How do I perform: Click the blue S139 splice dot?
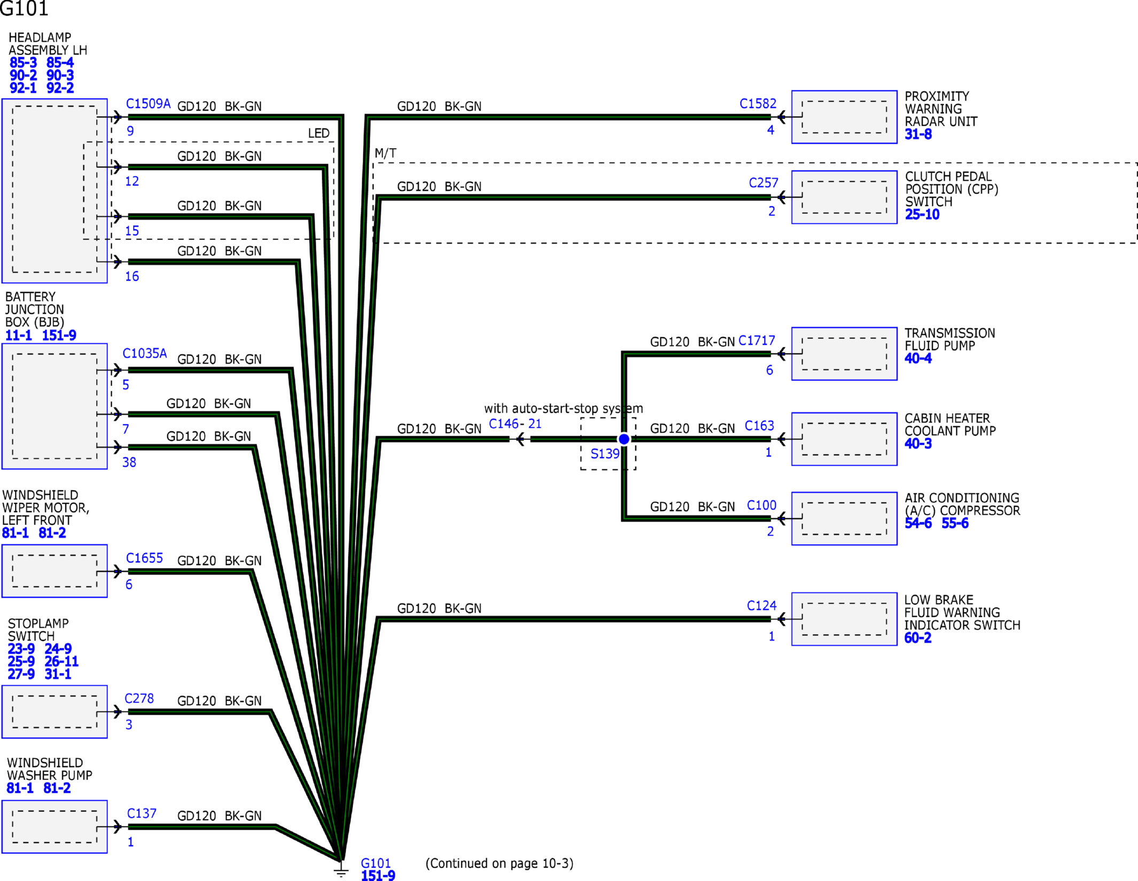coord(623,439)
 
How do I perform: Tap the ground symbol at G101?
coord(341,870)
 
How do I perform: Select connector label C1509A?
coord(148,104)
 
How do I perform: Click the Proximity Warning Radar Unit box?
coord(844,117)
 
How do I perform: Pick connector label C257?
coord(763,183)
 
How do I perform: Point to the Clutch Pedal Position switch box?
coord(844,197)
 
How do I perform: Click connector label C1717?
coord(757,341)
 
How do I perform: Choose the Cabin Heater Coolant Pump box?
coord(844,439)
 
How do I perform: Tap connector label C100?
coord(761,505)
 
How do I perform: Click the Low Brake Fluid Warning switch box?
coord(844,619)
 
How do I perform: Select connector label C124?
coord(761,606)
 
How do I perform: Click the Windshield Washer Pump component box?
coord(54,826)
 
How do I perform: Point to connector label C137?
coord(142,814)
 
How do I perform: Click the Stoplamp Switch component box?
coord(54,712)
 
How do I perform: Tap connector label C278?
coord(139,699)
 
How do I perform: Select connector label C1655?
coord(144,558)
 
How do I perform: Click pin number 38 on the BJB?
coord(129,462)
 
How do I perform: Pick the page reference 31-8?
coord(918,134)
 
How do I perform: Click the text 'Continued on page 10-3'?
coord(500,863)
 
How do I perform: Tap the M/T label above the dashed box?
coord(385,153)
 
